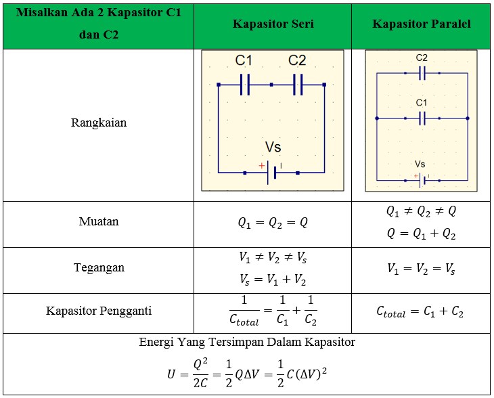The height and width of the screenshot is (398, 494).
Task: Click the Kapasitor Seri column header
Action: (x=273, y=24)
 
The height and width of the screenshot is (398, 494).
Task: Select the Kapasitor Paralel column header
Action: (x=422, y=24)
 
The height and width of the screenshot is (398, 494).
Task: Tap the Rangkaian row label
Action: (x=99, y=123)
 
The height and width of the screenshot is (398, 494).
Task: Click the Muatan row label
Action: (x=99, y=221)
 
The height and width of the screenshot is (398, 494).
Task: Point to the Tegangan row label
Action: (x=99, y=267)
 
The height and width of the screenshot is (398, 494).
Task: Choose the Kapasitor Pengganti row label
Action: (x=99, y=311)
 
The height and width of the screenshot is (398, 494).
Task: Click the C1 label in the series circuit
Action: (x=244, y=61)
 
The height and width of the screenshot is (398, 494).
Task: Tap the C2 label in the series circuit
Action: (x=297, y=61)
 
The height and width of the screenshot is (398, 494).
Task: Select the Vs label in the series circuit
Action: (x=273, y=147)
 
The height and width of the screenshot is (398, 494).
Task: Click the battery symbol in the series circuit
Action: (x=271, y=173)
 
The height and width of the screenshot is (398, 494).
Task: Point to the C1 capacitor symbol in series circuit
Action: (x=245, y=85)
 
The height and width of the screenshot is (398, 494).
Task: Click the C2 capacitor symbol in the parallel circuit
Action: (x=422, y=72)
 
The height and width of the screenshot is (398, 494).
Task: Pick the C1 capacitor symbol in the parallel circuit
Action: (x=422, y=118)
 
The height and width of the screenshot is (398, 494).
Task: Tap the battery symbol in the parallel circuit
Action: (x=421, y=181)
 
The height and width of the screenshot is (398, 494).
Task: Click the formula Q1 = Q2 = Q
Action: (x=273, y=222)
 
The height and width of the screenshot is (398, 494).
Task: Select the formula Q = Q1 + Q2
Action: (x=421, y=234)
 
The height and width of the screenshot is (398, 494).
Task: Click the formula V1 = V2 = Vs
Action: (x=421, y=269)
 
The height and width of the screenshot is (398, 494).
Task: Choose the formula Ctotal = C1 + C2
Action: (x=420, y=312)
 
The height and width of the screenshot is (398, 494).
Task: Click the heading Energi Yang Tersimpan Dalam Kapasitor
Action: (x=247, y=342)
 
